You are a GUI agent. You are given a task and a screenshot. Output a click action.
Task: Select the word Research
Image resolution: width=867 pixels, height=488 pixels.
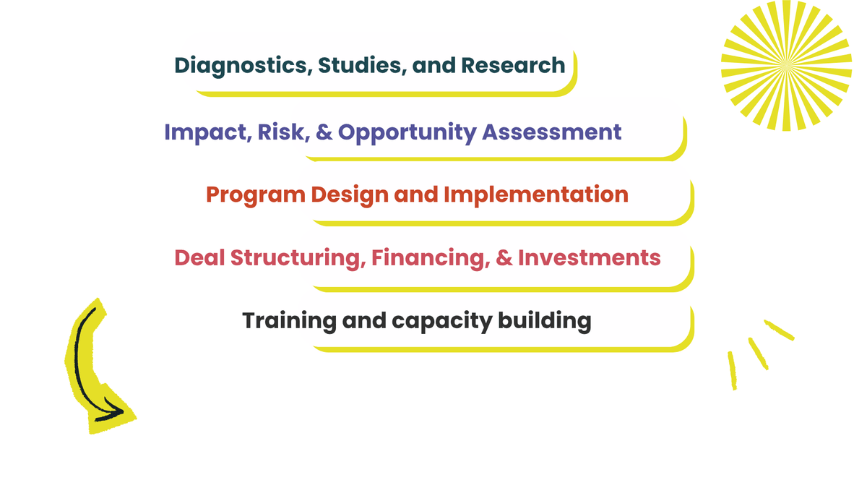pos(513,65)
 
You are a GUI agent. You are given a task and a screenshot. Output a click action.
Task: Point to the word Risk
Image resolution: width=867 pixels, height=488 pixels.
pos(283,132)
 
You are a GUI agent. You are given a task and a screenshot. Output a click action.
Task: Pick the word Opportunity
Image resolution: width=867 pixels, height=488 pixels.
pos(407,133)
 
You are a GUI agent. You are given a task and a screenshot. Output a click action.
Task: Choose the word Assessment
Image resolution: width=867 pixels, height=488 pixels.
pos(551,132)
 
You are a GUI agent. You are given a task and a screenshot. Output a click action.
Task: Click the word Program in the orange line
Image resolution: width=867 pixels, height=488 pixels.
pos(256,195)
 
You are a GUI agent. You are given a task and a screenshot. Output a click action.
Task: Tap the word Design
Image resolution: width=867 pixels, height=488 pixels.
pos(350,195)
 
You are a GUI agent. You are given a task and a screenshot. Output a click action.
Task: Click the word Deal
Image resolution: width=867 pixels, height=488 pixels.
pos(199,257)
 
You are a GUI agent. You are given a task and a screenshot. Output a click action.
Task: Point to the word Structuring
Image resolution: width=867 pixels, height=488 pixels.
pos(298,259)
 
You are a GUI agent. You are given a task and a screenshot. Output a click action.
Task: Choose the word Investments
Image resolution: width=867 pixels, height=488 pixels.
pos(589,257)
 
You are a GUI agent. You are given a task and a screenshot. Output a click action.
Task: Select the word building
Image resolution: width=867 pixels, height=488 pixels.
pos(544,322)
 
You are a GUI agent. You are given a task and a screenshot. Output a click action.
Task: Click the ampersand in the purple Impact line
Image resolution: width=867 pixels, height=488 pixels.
pos(324,132)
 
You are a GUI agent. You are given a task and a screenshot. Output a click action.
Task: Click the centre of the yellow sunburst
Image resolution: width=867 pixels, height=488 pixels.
pos(786,66)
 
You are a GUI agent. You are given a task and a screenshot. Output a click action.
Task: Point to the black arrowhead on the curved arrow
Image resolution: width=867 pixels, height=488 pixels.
pos(112,411)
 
